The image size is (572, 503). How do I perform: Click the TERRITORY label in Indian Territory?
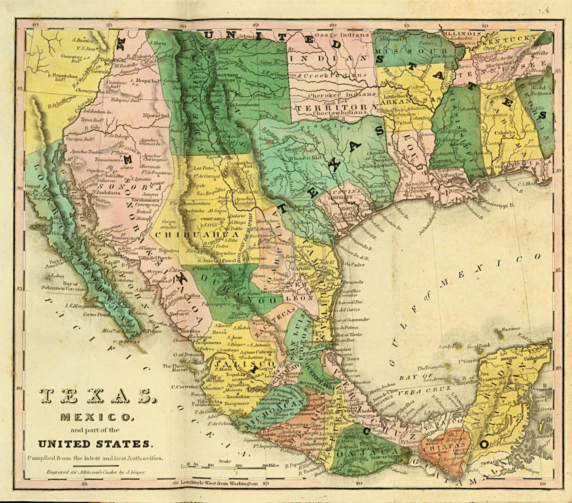point(335,107)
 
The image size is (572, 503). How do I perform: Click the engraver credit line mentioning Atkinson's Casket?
point(95,474)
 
